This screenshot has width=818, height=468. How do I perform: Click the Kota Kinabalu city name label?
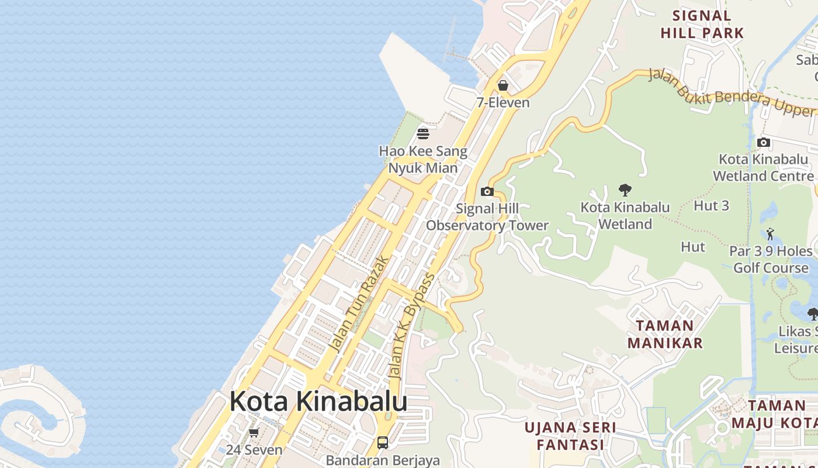coord(318,402)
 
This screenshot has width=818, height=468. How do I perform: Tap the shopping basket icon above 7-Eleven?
coord(503,86)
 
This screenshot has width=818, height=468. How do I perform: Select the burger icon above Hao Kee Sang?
coord(423,134)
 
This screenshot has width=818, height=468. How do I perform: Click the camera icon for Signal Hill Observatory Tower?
coord(487,191)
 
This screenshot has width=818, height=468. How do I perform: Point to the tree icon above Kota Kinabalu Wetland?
coord(625,190)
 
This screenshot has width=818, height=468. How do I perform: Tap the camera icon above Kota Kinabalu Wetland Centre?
coord(763,142)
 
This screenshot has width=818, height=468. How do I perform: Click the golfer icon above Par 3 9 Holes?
coord(770,234)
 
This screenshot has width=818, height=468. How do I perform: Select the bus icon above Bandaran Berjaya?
coord(383,443)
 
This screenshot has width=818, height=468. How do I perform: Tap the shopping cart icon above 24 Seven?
coord(254,433)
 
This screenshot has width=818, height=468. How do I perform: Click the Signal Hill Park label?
coord(702,25)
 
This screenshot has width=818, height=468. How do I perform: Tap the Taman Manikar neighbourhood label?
coord(666,334)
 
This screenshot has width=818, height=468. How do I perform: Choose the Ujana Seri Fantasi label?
coord(570,436)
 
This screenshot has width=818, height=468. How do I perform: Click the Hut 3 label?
coord(711,205)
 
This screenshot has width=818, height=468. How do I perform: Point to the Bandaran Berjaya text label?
coord(383,460)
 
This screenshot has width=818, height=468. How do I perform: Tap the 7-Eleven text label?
coord(503,102)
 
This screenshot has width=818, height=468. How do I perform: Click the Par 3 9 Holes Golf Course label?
coord(771,259)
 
